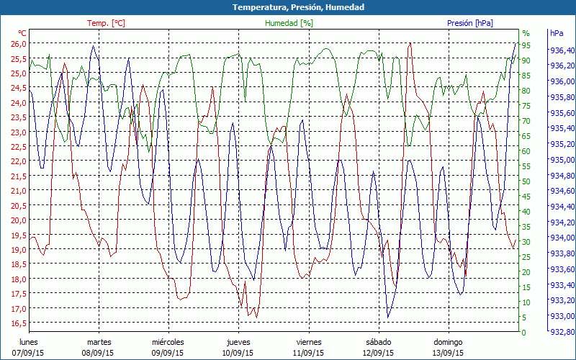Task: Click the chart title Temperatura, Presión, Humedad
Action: (288, 7)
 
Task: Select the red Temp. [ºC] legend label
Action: (106, 23)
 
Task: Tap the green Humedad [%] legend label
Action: (289, 23)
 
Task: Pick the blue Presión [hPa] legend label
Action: (470, 23)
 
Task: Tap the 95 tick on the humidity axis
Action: (526, 45)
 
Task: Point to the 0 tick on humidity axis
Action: (524, 332)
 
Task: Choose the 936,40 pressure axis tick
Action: (562, 50)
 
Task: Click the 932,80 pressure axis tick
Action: (562, 332)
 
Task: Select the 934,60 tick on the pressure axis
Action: (562, 192)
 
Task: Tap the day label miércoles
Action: (168, 342)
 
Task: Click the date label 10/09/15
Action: (238, 353)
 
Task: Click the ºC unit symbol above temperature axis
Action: (22, 33)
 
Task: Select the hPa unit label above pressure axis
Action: (557, 33)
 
